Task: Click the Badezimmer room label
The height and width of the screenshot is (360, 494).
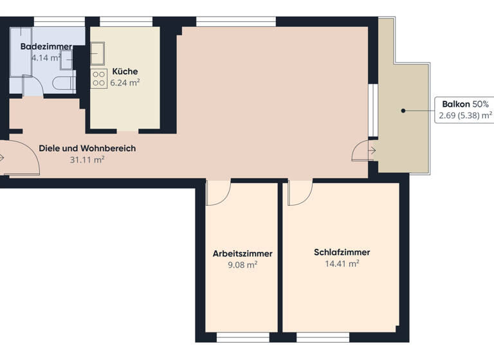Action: (x=46, y=46)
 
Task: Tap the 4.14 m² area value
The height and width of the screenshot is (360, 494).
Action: (x=46, y=57)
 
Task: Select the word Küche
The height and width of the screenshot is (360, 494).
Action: (x=125, y=71)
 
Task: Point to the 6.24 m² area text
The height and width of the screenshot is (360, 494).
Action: (x=125, y=82)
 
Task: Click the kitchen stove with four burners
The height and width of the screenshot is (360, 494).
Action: (x=99, y=78)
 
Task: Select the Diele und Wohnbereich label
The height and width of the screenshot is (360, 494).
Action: (x=87, y=148)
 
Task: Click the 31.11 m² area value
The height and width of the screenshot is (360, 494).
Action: (x=87, y=160)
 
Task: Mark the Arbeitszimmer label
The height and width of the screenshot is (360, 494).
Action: (x=242, y=253)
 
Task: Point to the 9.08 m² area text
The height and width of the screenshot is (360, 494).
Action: (x=242, y=264)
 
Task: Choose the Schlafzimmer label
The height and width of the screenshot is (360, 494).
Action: (x=342, y=252)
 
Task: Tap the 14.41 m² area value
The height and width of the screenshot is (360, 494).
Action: (x=342, y=264)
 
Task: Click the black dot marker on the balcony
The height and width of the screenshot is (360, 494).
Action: (x=403, y=111)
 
